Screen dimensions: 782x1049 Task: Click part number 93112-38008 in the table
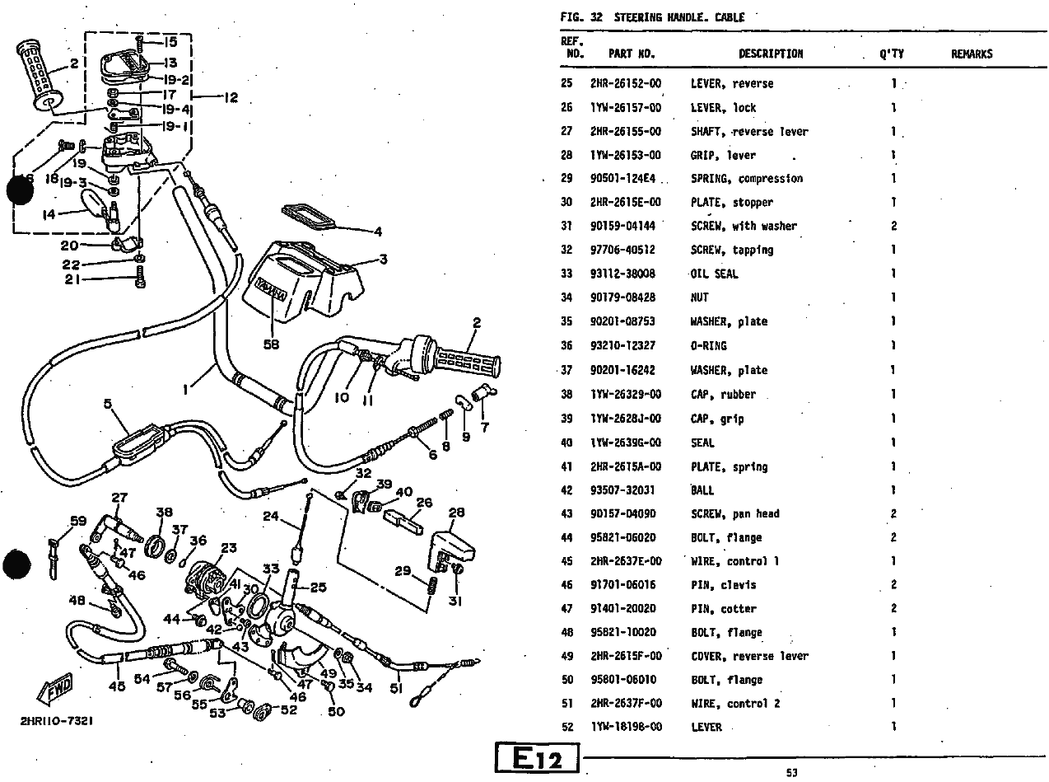pyautogui.click(x=622, y=274)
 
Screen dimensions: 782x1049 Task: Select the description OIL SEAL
pyautogui.click(x=714, y=274)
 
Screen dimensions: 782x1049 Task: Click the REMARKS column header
pyautogui.click(x=972, y=54)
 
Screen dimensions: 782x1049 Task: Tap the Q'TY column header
pyautogui.click(x=891, y=54)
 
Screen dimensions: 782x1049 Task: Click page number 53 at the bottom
pyautogui.click(x=791, y=773)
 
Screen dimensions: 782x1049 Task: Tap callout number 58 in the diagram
pyautogui.click(x=271, y=345)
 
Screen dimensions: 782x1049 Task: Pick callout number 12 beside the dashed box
pyautogui.click(x=230, y=97)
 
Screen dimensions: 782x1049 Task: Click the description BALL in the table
pyautogui.click(x=702, y=489)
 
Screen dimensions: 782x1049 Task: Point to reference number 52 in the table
pyautogui.click(x=566, y=727)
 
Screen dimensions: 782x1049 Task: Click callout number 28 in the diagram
pyautogui.click(x=456, y=513)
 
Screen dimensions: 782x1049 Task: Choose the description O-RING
pyautogui.click(x=708, y=345)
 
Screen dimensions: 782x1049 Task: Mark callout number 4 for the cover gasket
pyautogui.click(x=378, y=232)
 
